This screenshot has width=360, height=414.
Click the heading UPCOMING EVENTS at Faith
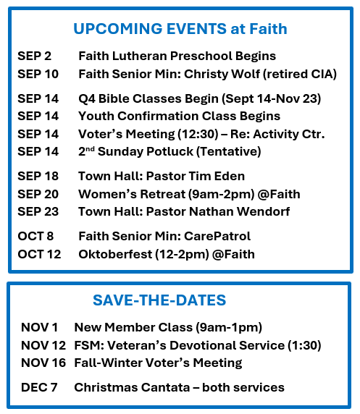coord(180,29)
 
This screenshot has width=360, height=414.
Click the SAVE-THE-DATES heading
coord(159,300)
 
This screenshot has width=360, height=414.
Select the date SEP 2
coord(34,56)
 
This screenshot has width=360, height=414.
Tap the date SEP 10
coord(38,74)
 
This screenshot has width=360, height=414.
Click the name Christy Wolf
coord(222,75)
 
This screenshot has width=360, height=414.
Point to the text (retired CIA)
coord(300,75)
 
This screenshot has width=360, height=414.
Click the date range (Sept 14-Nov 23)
coord(271,98)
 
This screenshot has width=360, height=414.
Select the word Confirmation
coord(158,117)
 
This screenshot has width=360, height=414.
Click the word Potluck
coord(169,151)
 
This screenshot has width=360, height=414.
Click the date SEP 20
coord(38,194)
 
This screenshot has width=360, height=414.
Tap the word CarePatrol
coord(217,236)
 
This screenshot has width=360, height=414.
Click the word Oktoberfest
coord(115,254)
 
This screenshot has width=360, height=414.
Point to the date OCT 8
coord(35,236)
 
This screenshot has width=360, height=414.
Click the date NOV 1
coord(39,327)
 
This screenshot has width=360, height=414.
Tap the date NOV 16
coord(43,363)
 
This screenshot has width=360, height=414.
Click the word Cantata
coord(165,387)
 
